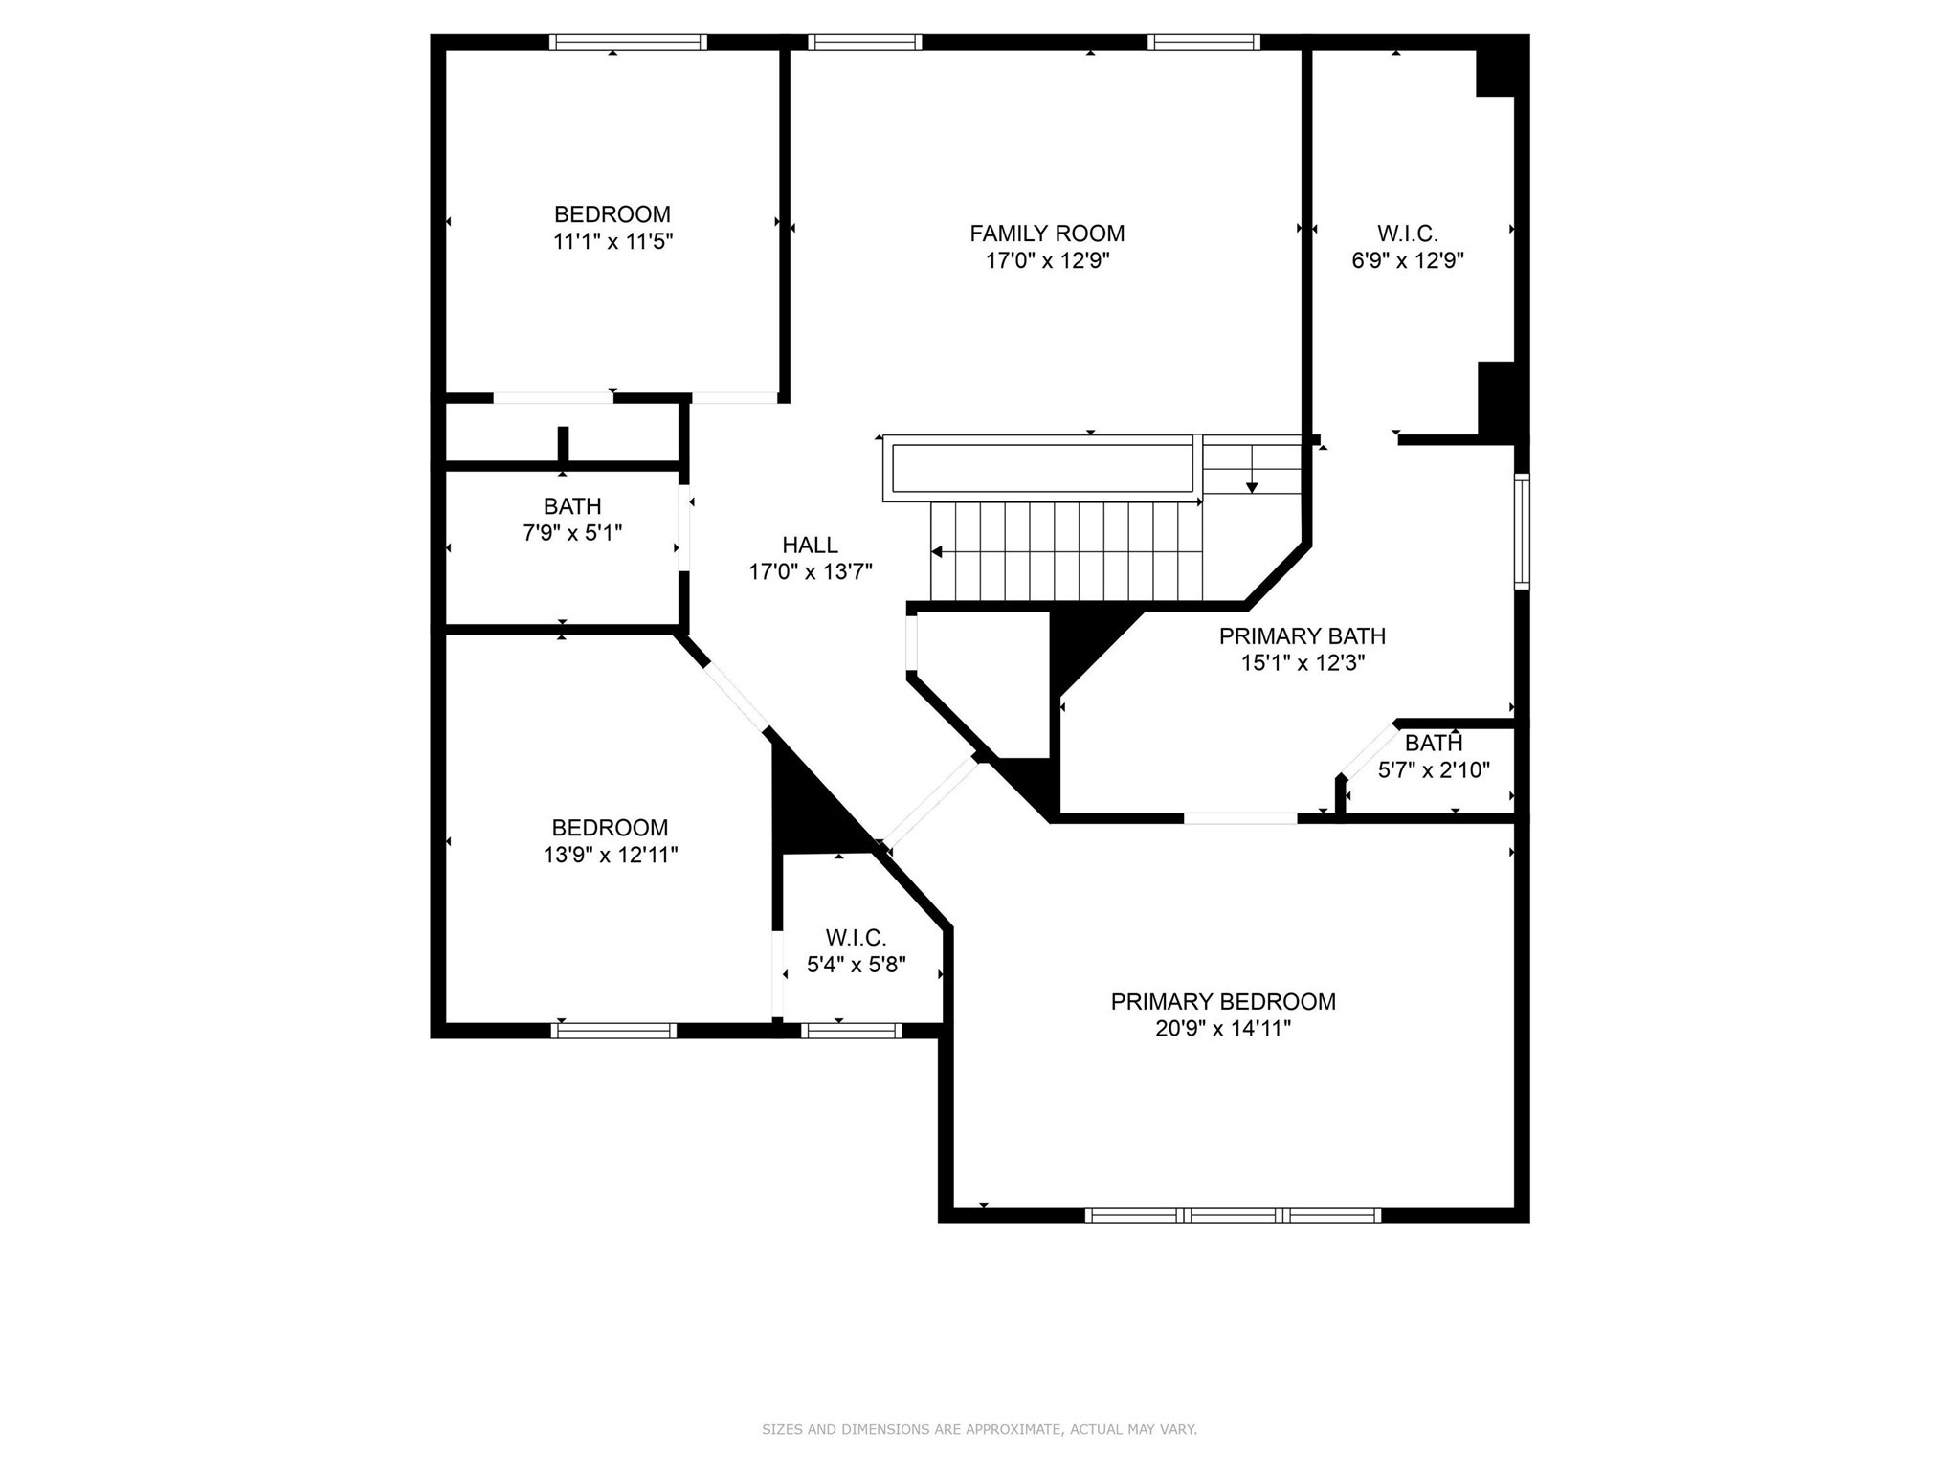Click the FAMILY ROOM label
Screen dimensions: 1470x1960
point(1047,234)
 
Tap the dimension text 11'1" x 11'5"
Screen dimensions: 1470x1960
point(612,241)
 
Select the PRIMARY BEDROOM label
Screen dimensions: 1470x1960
point(1222,1002)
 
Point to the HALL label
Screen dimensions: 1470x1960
point(810,546)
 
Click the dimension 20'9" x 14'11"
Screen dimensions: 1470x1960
point(1222,1029)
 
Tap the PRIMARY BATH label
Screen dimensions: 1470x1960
point(1302,636)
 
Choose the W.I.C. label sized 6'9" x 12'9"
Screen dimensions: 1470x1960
point(1407,234)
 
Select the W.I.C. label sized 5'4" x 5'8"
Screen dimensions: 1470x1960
point(856,938)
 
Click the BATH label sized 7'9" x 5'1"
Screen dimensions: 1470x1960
point(572,506)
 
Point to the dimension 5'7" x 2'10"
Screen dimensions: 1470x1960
point(1433,770)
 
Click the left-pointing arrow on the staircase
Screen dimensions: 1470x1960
point(937,552)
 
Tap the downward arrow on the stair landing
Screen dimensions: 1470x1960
point(1251,487)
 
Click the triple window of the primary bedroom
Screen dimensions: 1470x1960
point(1233,1215)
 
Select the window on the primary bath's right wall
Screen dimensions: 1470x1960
point(1521,530)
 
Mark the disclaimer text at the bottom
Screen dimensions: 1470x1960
point(979,1430)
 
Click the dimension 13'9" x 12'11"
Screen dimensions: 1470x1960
point(611,855)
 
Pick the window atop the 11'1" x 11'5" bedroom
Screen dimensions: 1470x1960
point(628,42)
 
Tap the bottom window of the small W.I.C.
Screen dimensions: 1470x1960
point(851,1031)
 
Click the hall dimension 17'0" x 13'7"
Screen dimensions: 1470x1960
point(810,572)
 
